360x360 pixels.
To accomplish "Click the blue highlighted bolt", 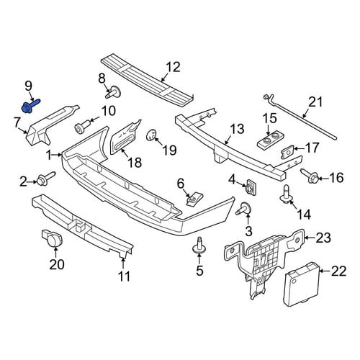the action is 30,106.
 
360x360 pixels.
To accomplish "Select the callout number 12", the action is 173,67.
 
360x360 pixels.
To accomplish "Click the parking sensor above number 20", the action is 53,238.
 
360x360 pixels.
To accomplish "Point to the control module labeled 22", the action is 302,285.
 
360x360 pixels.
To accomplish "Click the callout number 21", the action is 315,103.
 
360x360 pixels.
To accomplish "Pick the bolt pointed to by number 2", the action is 45,179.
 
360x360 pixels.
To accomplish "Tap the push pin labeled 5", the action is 199,246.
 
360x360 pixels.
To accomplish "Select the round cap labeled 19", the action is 151,135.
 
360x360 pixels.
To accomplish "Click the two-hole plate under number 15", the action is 271,140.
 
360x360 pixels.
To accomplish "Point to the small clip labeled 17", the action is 287,152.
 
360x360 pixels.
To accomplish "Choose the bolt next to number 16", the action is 310,176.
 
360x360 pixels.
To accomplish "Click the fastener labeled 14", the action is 287,194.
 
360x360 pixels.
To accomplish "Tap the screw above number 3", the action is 243,208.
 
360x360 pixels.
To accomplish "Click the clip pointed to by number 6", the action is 194,199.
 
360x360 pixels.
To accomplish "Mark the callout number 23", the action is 323,238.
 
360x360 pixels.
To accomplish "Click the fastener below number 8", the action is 113,92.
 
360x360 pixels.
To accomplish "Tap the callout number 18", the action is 135,162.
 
